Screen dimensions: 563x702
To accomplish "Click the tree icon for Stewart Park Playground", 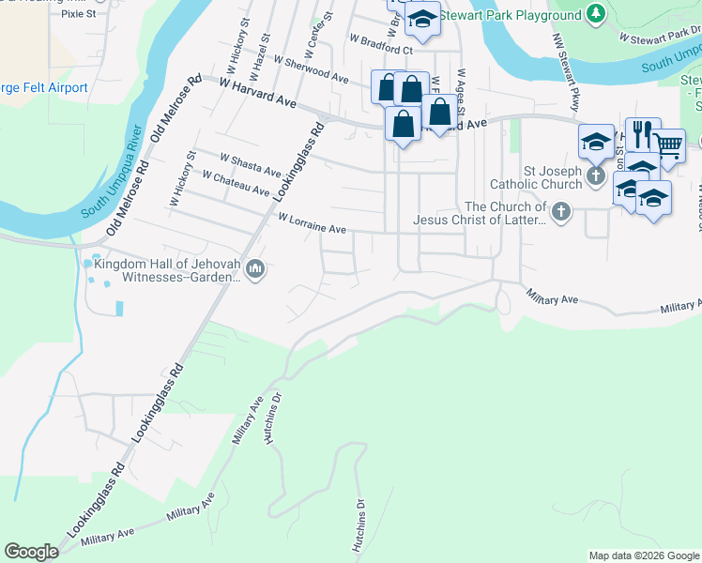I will tap(594, 14).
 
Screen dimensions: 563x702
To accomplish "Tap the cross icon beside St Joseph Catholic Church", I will tap(594, 176).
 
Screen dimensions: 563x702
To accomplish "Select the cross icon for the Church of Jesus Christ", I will tap(560, 211).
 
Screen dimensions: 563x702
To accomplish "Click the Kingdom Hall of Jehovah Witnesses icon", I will tap(256, 270).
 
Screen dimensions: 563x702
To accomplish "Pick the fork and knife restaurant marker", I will tap(643, 133).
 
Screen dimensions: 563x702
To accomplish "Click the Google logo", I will tap(32, 551).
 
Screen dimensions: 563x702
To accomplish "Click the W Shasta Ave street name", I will tap(251, 165).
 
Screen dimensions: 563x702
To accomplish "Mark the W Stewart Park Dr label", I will tap(656, 37).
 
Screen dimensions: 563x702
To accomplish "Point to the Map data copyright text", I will tap(643, 555).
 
